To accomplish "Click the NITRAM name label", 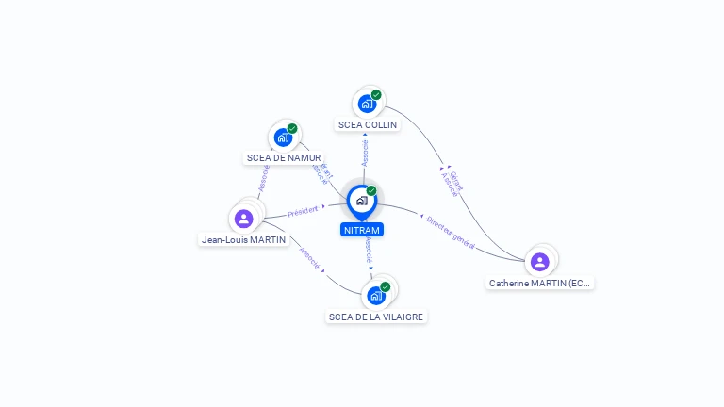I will pos(362,230).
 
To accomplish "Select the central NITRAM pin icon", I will pos(362,201).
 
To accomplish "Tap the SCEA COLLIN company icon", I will pos(367,104).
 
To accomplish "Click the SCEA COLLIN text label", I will pos(368,124).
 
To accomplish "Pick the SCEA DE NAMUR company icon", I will pos(283,138).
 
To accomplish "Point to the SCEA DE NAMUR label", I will pos(283,158).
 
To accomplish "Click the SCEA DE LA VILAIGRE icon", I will pos(376,296).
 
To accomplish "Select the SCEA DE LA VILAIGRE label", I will pos(376,317).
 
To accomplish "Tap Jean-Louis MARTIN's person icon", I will pos(244,219).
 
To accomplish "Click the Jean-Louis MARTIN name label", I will pos(243,240).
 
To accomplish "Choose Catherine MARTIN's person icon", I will pos(539,262).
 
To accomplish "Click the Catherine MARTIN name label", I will pos(540,283).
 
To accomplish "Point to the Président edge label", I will pos(304,210).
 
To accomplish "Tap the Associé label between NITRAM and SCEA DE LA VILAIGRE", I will pos(368,251).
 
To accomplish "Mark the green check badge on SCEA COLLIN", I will pos(376,95).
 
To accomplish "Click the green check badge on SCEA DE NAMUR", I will pos(292,129).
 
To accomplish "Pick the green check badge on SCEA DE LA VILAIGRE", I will pos(385,287).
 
